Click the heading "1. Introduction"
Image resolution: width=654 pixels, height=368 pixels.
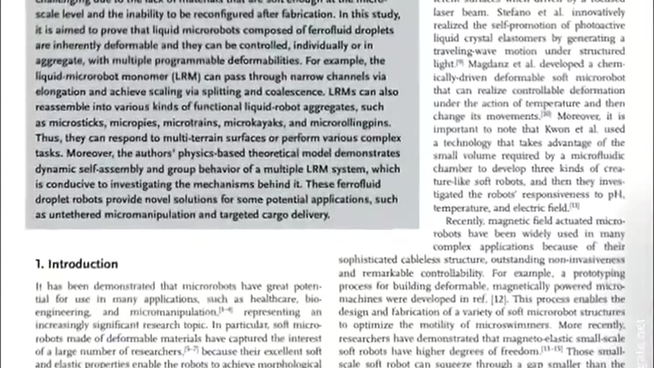[x=77, y=264]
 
